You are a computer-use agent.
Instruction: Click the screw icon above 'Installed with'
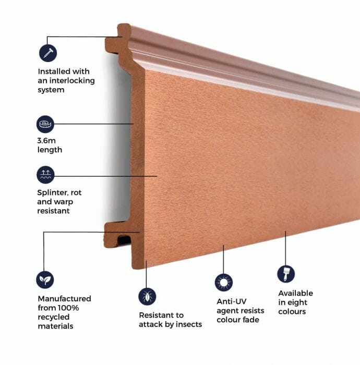(x=47, y=53)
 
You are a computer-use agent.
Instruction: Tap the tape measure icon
(x=45, y=124)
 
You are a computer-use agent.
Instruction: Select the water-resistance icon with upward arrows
(x=45, y=175)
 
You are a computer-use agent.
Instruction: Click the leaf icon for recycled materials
(x=45, y=279)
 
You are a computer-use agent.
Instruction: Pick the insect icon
(x=147, y=296)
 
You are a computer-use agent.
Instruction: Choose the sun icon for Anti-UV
(x=223, y=282)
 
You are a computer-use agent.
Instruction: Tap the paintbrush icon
(x=285, y=274)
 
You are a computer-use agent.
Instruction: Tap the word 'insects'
(x=187, y=324)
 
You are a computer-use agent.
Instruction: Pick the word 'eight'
(x=297, y=302)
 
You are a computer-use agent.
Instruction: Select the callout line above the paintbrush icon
(x=285, y=247)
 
